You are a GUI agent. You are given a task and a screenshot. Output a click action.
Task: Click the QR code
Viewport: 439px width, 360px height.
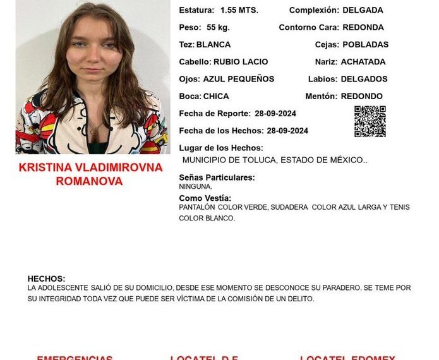(x=370, y=121)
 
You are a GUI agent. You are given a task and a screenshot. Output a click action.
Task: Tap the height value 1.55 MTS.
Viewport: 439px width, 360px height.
(x=239, y=11)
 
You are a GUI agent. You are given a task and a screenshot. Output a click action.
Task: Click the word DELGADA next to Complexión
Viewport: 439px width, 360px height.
(x=363, y=11)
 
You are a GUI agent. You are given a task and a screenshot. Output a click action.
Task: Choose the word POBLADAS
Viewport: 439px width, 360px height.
(x=365, y=45)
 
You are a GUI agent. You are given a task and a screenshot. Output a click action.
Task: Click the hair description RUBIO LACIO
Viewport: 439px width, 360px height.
(x=240, y=62)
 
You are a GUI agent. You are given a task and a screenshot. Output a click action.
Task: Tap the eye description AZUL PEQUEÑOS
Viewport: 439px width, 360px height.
(x=238, y=79)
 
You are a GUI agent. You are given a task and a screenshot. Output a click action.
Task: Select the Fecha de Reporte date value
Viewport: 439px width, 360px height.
(x=275, y=114)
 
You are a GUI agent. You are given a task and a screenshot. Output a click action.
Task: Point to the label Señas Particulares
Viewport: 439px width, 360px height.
(x=217, y=177)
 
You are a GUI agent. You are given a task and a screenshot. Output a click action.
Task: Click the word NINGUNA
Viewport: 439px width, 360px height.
(x=195, y=187)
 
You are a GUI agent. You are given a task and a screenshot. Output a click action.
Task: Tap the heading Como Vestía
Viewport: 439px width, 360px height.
(x=205, y=198)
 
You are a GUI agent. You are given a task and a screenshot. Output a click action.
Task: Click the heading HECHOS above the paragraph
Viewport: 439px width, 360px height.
(x=46, y=279)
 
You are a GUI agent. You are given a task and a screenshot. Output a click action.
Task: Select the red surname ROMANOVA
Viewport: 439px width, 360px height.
(x=90, y=181)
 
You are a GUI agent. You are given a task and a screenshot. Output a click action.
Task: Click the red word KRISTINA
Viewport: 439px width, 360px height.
(x=44, y=168)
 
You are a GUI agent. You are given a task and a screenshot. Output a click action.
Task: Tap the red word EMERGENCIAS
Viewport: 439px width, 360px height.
(x=75, y=357)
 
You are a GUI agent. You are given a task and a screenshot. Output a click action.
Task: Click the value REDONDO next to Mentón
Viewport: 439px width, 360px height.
(x=361, y=97)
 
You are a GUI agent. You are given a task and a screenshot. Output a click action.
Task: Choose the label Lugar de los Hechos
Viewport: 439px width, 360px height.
(x=220, y=148)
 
